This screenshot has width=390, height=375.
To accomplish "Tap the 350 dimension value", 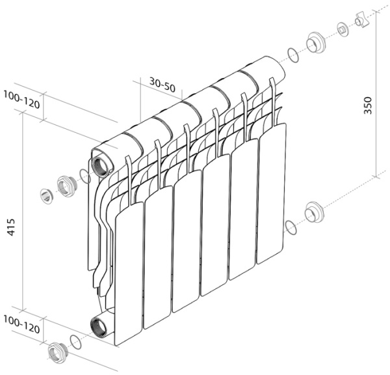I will [x=367, y=106].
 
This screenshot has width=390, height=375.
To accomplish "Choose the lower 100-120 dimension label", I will [x=21, y=322].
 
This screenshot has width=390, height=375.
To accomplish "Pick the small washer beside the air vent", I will [x=343, y=29].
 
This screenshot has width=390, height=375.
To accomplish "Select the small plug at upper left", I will [x=46, y=194].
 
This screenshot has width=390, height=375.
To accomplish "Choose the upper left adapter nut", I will [x=66, y=186].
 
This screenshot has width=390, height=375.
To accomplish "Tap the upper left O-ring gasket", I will [x=84, y=175].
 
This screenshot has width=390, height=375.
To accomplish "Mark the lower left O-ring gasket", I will [x=76, y=342].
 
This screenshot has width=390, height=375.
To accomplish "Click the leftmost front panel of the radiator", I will [x=129, y=273].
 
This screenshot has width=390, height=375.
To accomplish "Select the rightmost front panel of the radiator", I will [x=272, y=193].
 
